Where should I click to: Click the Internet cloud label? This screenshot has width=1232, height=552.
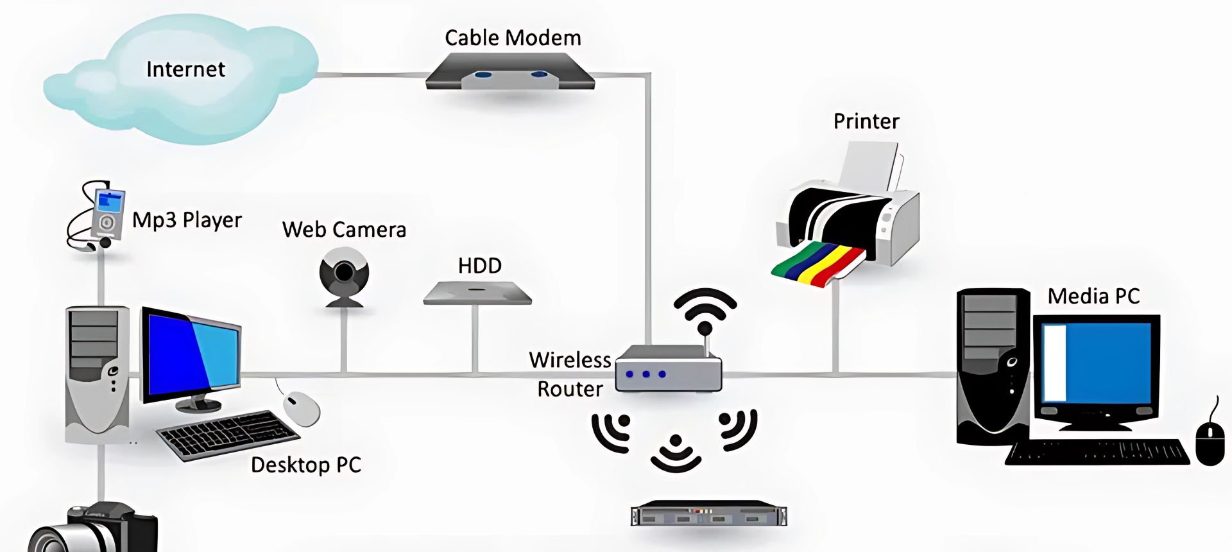pos(185,69)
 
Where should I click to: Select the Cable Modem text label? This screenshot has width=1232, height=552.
pos(513,38)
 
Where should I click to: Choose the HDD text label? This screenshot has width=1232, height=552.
pos(479,266)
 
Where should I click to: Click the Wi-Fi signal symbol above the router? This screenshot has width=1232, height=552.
pos(705,309)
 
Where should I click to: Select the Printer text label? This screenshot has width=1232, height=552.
pos(866,121)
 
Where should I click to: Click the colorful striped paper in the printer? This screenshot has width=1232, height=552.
pos(818,264)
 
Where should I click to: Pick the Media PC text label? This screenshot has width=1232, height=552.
pos(1093,296)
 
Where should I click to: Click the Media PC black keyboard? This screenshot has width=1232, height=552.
pos(1097,452)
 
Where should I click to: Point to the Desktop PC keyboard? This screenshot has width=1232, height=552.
pos(228,435)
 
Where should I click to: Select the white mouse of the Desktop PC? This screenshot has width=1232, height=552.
pos(302,408)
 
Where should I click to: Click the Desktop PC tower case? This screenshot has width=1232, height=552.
pos(96,372)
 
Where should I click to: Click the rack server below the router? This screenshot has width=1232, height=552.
pos(708,514)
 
